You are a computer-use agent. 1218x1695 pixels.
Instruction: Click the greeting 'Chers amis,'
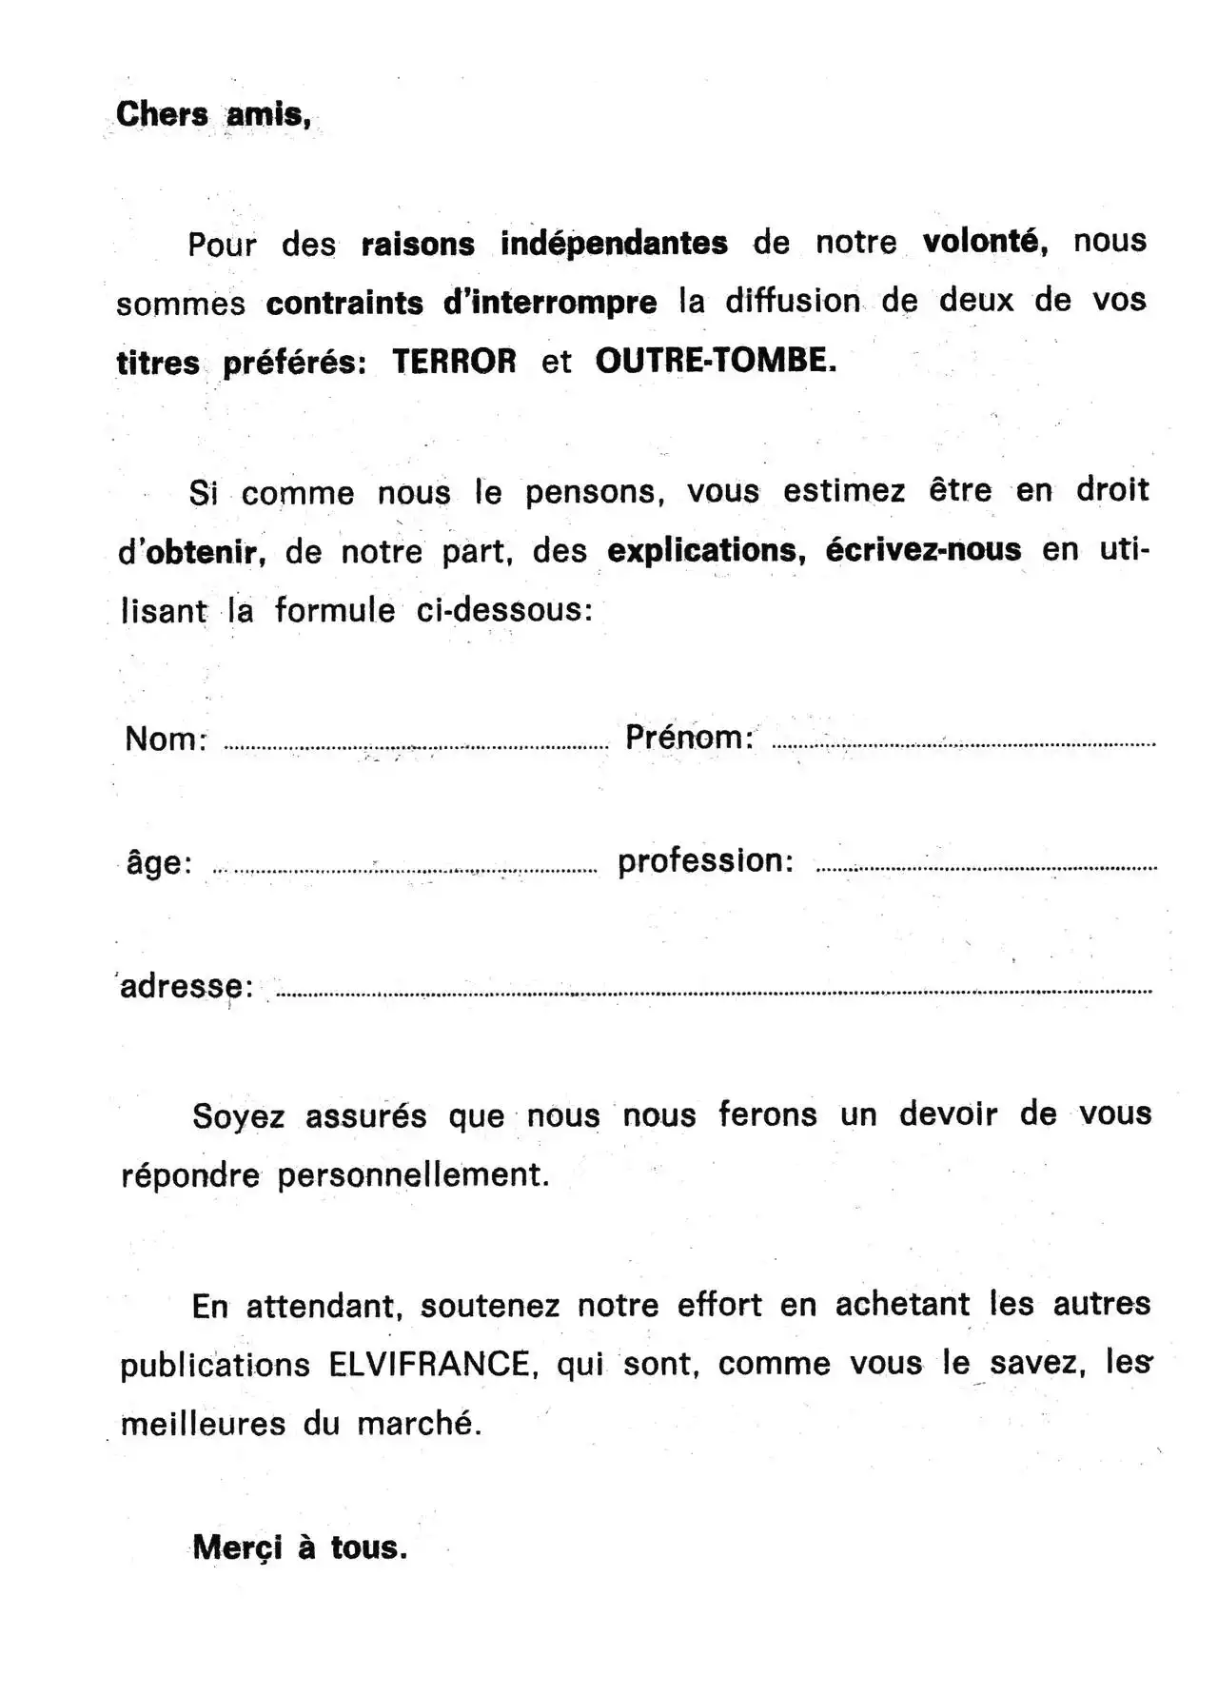(x=213, y=115)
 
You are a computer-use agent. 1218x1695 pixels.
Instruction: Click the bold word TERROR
(x=454, y=362)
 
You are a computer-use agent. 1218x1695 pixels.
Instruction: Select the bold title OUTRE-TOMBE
(x=716, y=361)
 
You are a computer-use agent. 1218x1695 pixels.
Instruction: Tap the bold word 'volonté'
(x=985, y=241)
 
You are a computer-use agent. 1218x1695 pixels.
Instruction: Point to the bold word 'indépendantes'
(x=614, y=243)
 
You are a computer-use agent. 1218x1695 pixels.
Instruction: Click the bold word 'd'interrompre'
(x=550, y=303)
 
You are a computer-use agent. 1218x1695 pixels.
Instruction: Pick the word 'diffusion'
(x=792, y=302)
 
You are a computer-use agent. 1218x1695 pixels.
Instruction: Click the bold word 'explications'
(x=706, y=551)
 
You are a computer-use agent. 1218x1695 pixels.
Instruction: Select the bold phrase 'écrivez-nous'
(x=923, y=550)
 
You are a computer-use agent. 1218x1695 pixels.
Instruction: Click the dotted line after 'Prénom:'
(x=963, y=744)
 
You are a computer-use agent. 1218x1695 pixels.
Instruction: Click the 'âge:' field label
(x=159, y=863)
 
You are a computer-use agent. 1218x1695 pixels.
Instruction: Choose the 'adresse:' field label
(x=187, y=987)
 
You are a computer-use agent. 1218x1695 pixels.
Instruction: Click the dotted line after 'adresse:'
(x=714, y=992)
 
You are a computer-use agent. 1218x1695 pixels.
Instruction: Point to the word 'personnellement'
(x=413, y=1175)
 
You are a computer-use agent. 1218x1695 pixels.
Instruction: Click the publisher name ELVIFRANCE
(x=428, y=1365)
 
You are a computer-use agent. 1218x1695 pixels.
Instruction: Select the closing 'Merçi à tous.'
(x=300, y=1547)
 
